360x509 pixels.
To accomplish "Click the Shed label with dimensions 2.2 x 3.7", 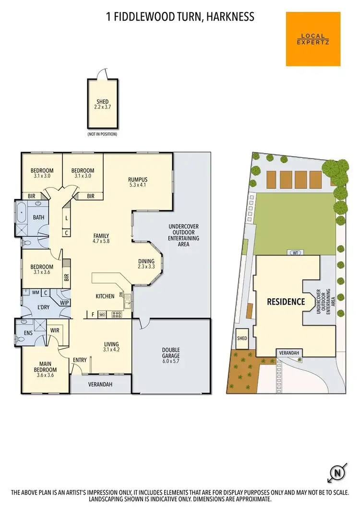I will (x=102, y=104).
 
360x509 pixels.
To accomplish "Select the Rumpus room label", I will (x=137, y=182).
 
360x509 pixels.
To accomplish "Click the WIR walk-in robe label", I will (x=55, y=330).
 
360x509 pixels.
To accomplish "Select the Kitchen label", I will (x=105, y=296).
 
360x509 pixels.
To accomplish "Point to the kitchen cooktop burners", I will (x=117, y=315).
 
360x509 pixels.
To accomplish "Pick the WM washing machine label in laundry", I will (x=36, y=292).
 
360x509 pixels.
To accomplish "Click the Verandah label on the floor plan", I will (x=100, y=384).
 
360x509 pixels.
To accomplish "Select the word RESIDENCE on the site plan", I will (x=286, y=302).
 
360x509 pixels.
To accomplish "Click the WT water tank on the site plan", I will (x=294, y=252).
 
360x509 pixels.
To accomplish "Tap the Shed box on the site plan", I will (x=242, y=338).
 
